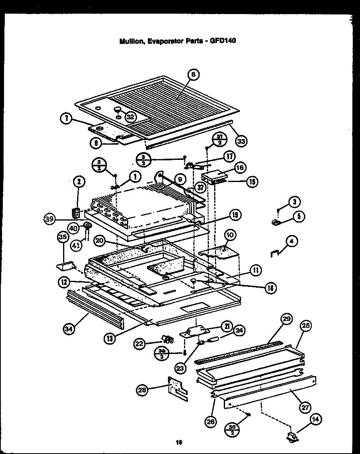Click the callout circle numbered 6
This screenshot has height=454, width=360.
coord(193,75)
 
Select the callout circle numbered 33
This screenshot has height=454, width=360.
coord(241,141)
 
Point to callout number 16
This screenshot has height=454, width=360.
coord(240,167)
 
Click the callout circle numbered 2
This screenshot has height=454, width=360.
coord(80,182)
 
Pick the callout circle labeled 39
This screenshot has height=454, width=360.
coord(49,219)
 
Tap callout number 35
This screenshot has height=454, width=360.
coord(63,237)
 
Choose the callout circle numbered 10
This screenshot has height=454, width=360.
coord(230,234)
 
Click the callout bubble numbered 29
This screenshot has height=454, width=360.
coord(286,319)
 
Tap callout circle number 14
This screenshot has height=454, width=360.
coord(316,420)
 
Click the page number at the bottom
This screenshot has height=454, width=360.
coord(179,443)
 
